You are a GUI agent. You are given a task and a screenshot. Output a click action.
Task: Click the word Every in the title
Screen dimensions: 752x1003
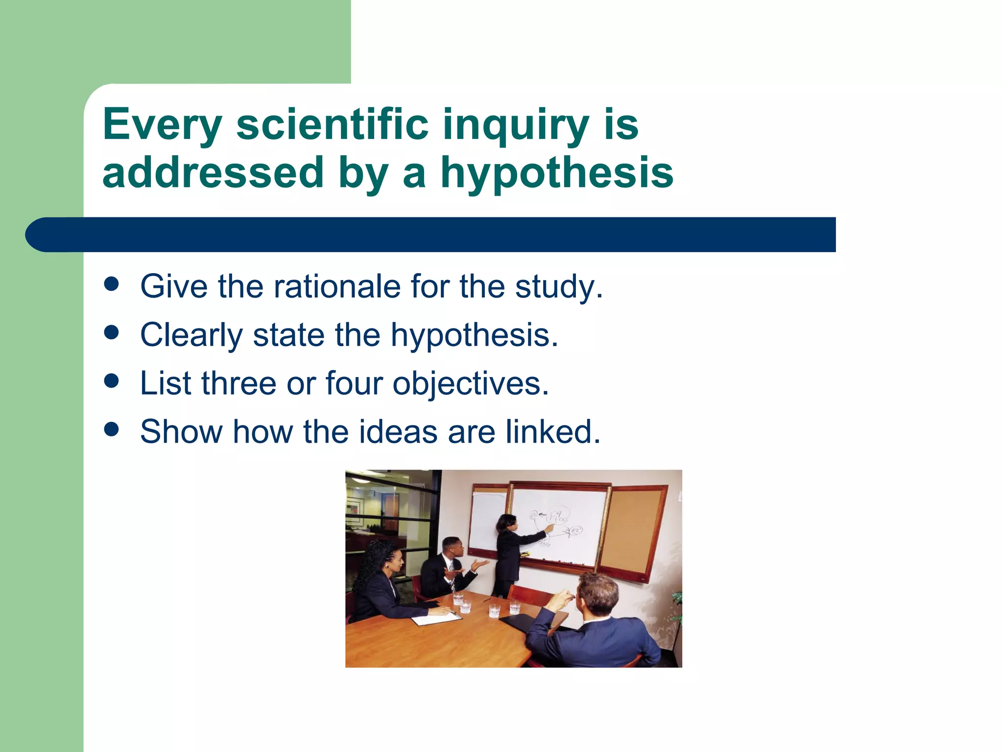(x=162, y=125)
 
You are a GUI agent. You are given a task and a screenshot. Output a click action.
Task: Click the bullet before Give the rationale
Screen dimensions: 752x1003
(x=112, y=284)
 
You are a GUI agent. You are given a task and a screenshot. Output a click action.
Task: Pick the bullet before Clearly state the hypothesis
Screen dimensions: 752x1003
(x=112, y=333)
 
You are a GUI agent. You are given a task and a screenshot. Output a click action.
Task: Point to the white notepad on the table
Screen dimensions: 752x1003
(x=436, y=618)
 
